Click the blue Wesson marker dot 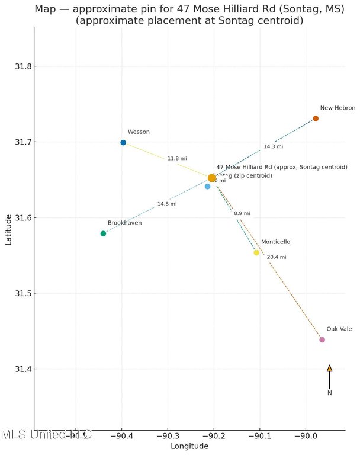click(x=123, y=143)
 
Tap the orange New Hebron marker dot click(x=316, y=118)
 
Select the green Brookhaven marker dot click(x=103, y=233)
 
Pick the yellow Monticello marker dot click(x=256, y=252)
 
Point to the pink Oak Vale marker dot click(x=322, y=339)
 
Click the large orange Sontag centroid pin click(x=212, y=178)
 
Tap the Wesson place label click(x=139, y=132)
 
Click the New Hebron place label click(x=337, y=108)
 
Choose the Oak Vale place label click(x=339, y=329)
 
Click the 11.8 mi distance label click(x=177, y=159)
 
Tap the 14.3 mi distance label click(x=274, y=146)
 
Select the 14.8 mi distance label click(x=167, y=204)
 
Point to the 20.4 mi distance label click(x=277, y=257)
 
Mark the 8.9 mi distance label click(x=242, y=213)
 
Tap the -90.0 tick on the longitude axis click(x=306, y=437)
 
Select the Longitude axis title click(x=189, y=446)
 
